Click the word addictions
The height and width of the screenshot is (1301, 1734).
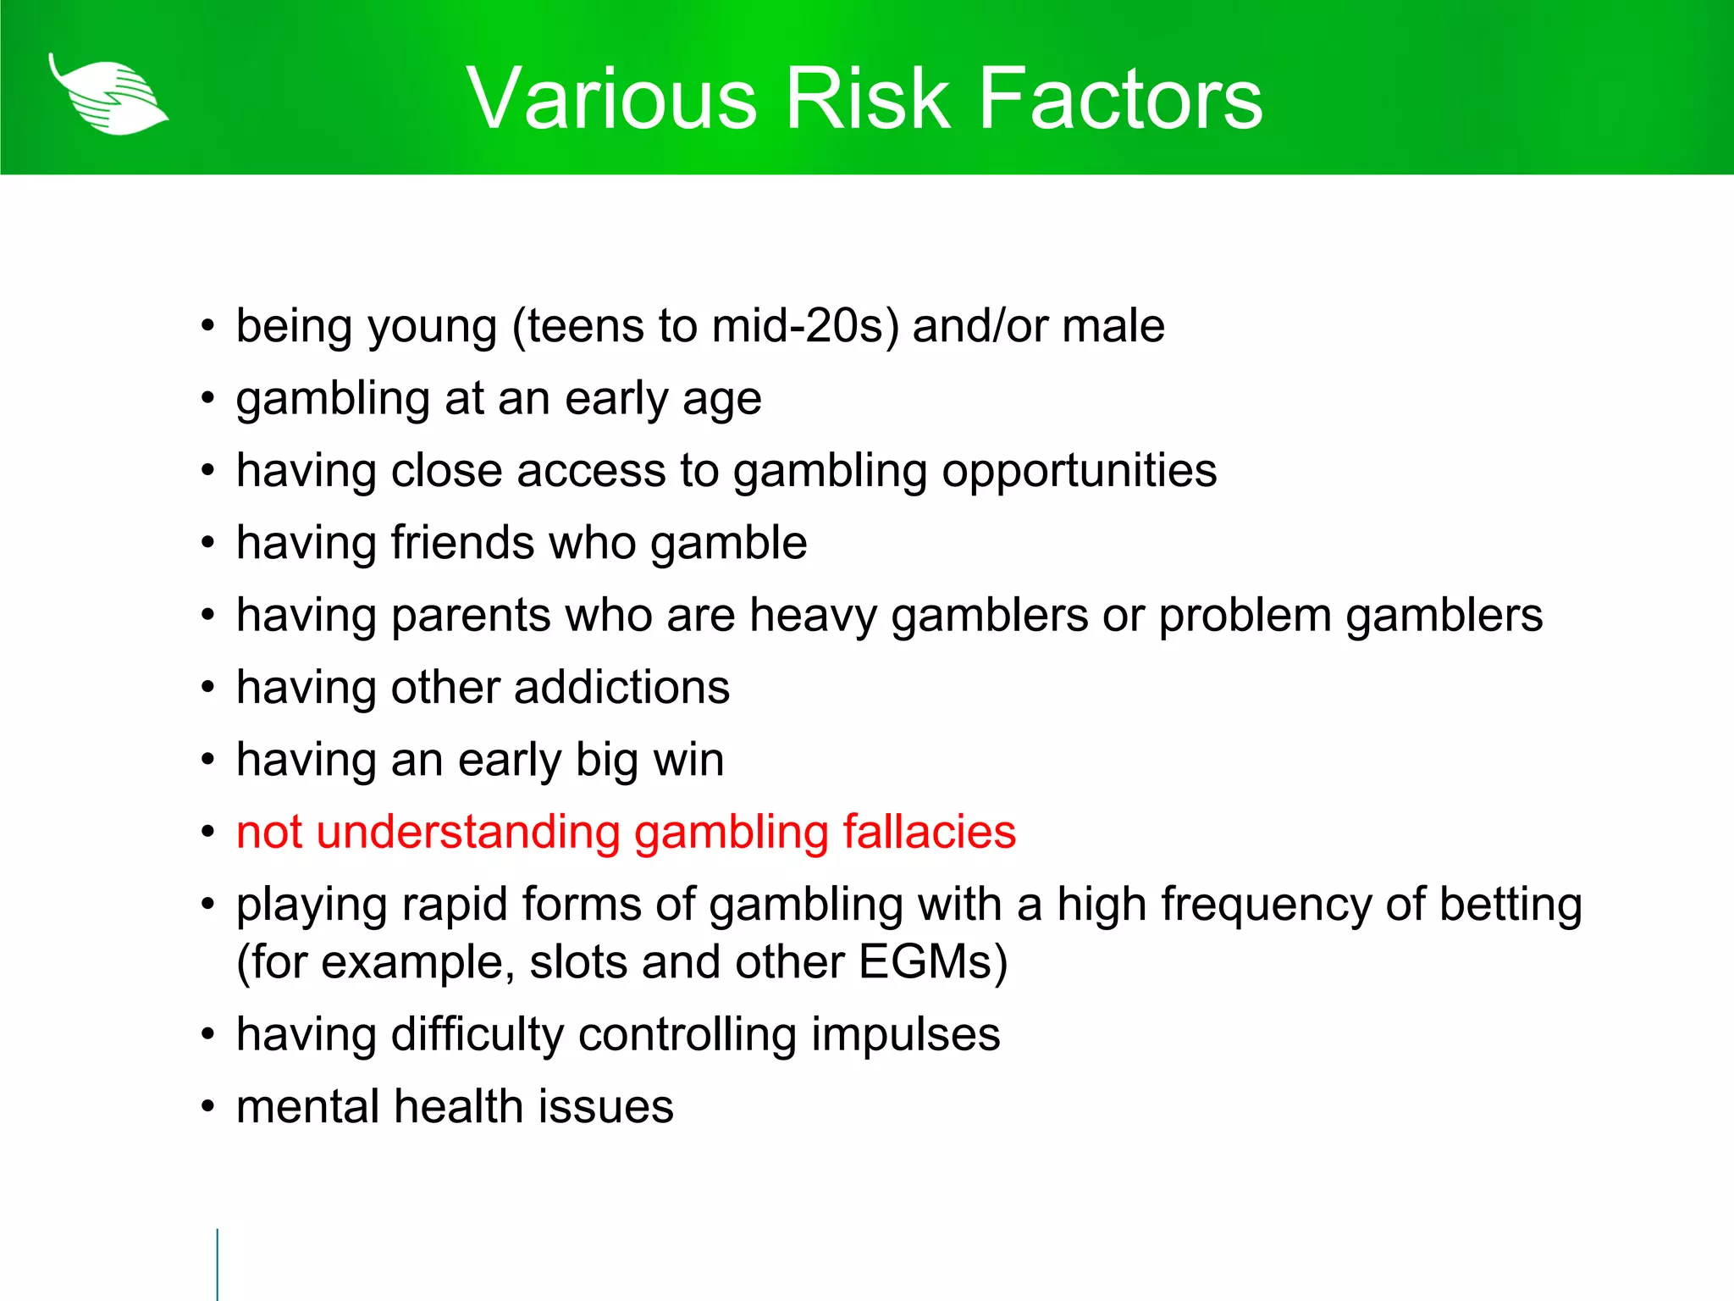tap(621, 688)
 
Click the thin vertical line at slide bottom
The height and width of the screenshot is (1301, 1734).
tap(218, 1264)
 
